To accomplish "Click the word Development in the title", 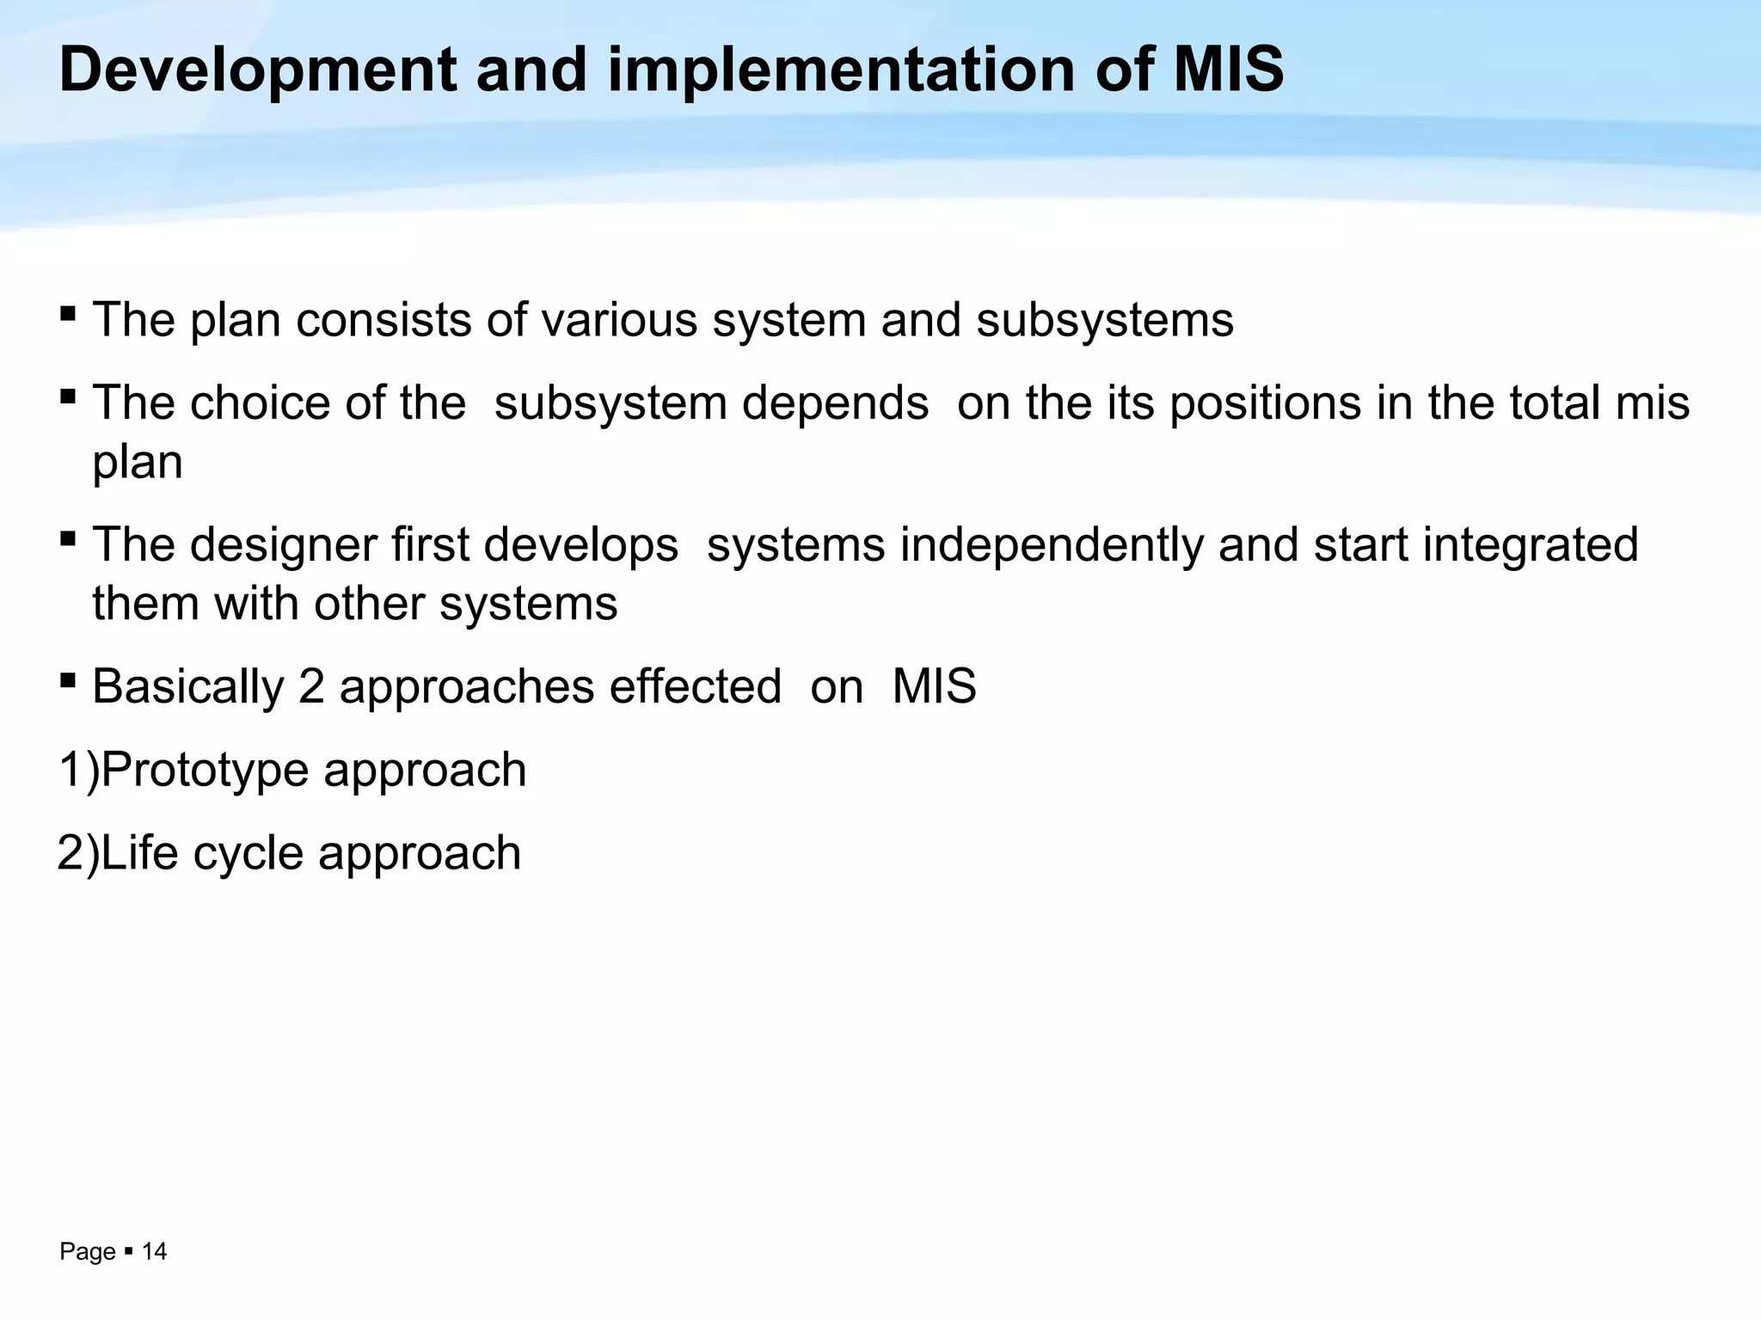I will click(x=257, y=71).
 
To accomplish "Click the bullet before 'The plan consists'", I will click(x=68, y=311).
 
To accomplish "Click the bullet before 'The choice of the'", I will click(x=68, y=396).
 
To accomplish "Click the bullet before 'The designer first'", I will click(x=68, y=538).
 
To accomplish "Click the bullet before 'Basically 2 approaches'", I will click(x=68, y=680).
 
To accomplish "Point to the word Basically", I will click(x=187, y=687).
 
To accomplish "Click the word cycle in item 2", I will click(x=249, y=853).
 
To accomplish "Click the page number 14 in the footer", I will click(x=154, y=1252).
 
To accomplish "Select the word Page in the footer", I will click(x=87, y=1252).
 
